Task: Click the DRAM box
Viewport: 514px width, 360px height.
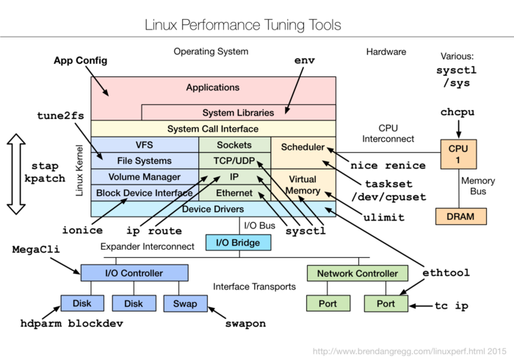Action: tap(460, 217)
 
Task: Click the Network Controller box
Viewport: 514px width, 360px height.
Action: tap(357, 273)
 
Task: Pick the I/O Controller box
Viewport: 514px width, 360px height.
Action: tap(134, 273)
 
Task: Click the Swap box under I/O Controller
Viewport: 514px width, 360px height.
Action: tap(185, 303)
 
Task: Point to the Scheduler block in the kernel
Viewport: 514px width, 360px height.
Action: tap(303, 147)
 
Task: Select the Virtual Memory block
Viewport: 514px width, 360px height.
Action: tap(303, 185)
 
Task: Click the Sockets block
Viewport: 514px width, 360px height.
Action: tap(234, 145)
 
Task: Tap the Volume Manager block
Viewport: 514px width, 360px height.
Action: tap(144, 177)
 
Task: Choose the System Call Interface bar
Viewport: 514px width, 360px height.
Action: tap(213, 129)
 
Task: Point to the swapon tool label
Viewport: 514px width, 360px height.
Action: tap(245, 323)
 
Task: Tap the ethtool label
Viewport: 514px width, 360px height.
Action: tap(446, 273)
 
